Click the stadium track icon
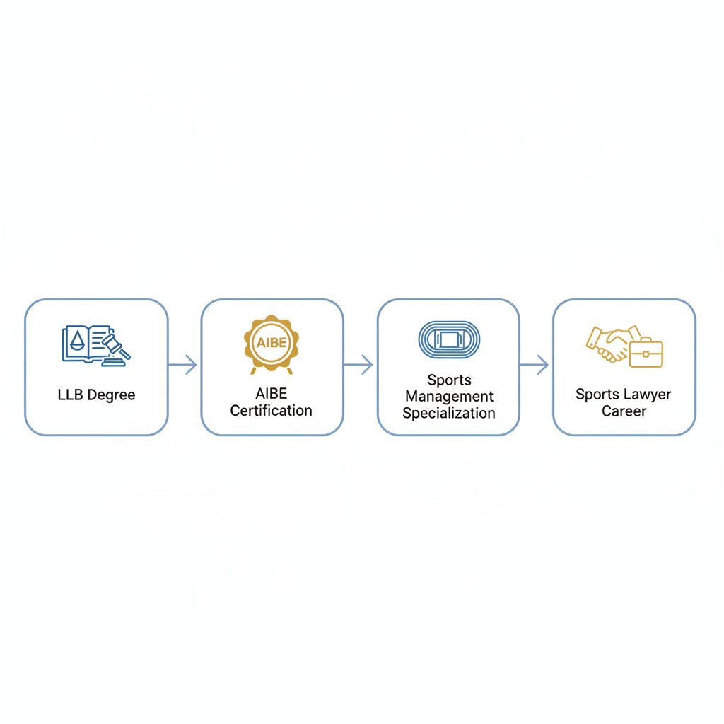coord(449,339)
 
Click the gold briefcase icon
coord(646,352)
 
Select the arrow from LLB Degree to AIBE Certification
coord(182,365)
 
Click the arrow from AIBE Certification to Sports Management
coord(358,365)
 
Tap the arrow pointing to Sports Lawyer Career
coord(535,365)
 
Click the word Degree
coord(111,395)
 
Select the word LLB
coord(70,395)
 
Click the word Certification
coord(271,411)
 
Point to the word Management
coord(449,397)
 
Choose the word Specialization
coord(449,413)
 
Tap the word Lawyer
coord(648,395)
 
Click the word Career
coord(624,411)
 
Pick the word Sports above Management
coord(449,380)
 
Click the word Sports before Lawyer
coord(597,395)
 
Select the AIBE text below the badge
coord(271,393)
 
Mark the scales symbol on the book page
coord(77,340)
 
